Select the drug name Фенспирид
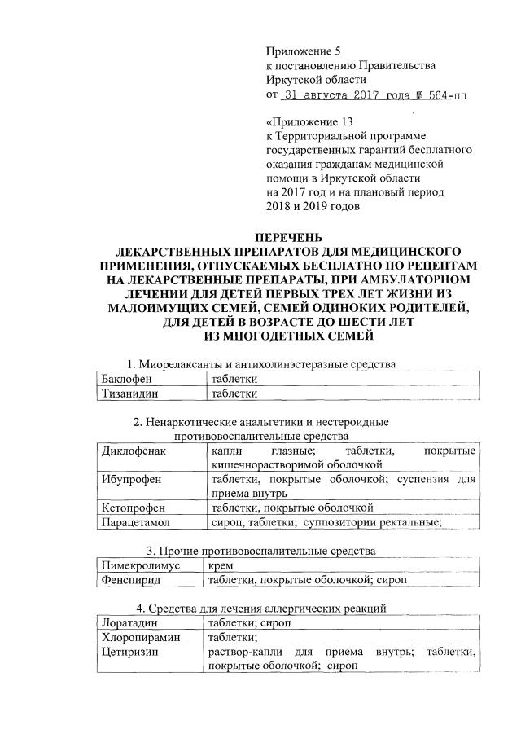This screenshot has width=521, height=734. point(130,579)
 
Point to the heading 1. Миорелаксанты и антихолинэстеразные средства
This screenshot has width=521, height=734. point(260,363)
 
